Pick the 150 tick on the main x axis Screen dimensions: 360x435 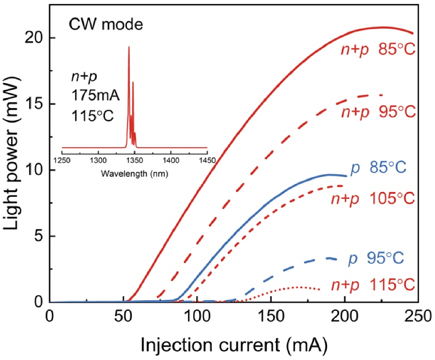271,317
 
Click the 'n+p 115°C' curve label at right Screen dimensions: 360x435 373,285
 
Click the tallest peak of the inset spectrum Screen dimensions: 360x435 129,48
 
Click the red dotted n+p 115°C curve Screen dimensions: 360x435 296,288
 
